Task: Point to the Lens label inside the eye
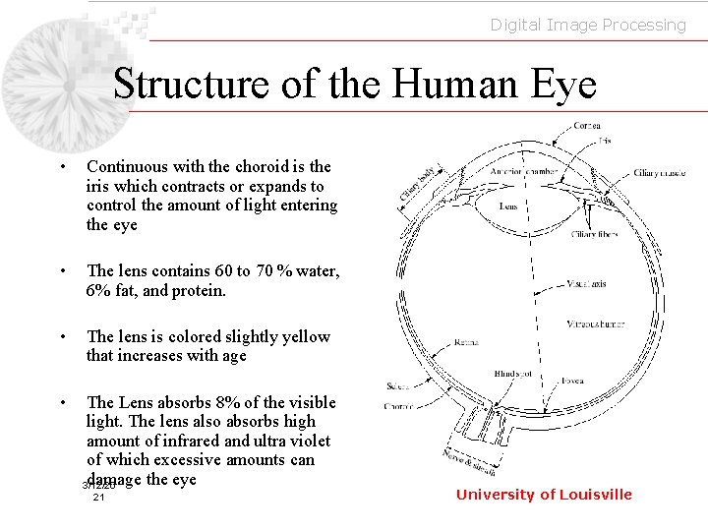(508, 206)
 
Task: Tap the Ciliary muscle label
(660, 173)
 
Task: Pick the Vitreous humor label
(596, 324)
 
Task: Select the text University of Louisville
(544, 495)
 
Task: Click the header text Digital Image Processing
(588, 25)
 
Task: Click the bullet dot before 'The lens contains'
(61, 270)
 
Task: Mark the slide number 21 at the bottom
(98, 499)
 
